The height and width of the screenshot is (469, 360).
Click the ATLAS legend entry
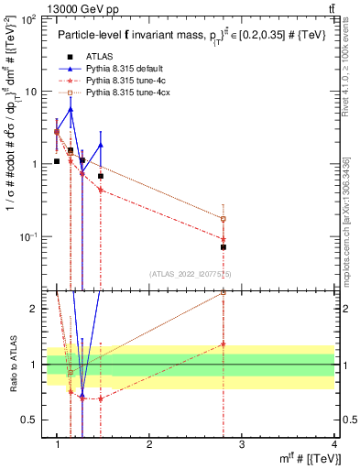click(98, 57)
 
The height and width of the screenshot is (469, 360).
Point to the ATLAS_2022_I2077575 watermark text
click(196, 273)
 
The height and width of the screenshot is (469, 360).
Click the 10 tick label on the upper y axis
click(31, 92)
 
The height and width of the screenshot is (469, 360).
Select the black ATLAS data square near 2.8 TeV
click(224, 247)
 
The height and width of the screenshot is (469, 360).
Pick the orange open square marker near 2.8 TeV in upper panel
click(224, 219)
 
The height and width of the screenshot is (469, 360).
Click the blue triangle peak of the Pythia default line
click(71, 109)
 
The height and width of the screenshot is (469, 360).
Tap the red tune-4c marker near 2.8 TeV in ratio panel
click(224, 344)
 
